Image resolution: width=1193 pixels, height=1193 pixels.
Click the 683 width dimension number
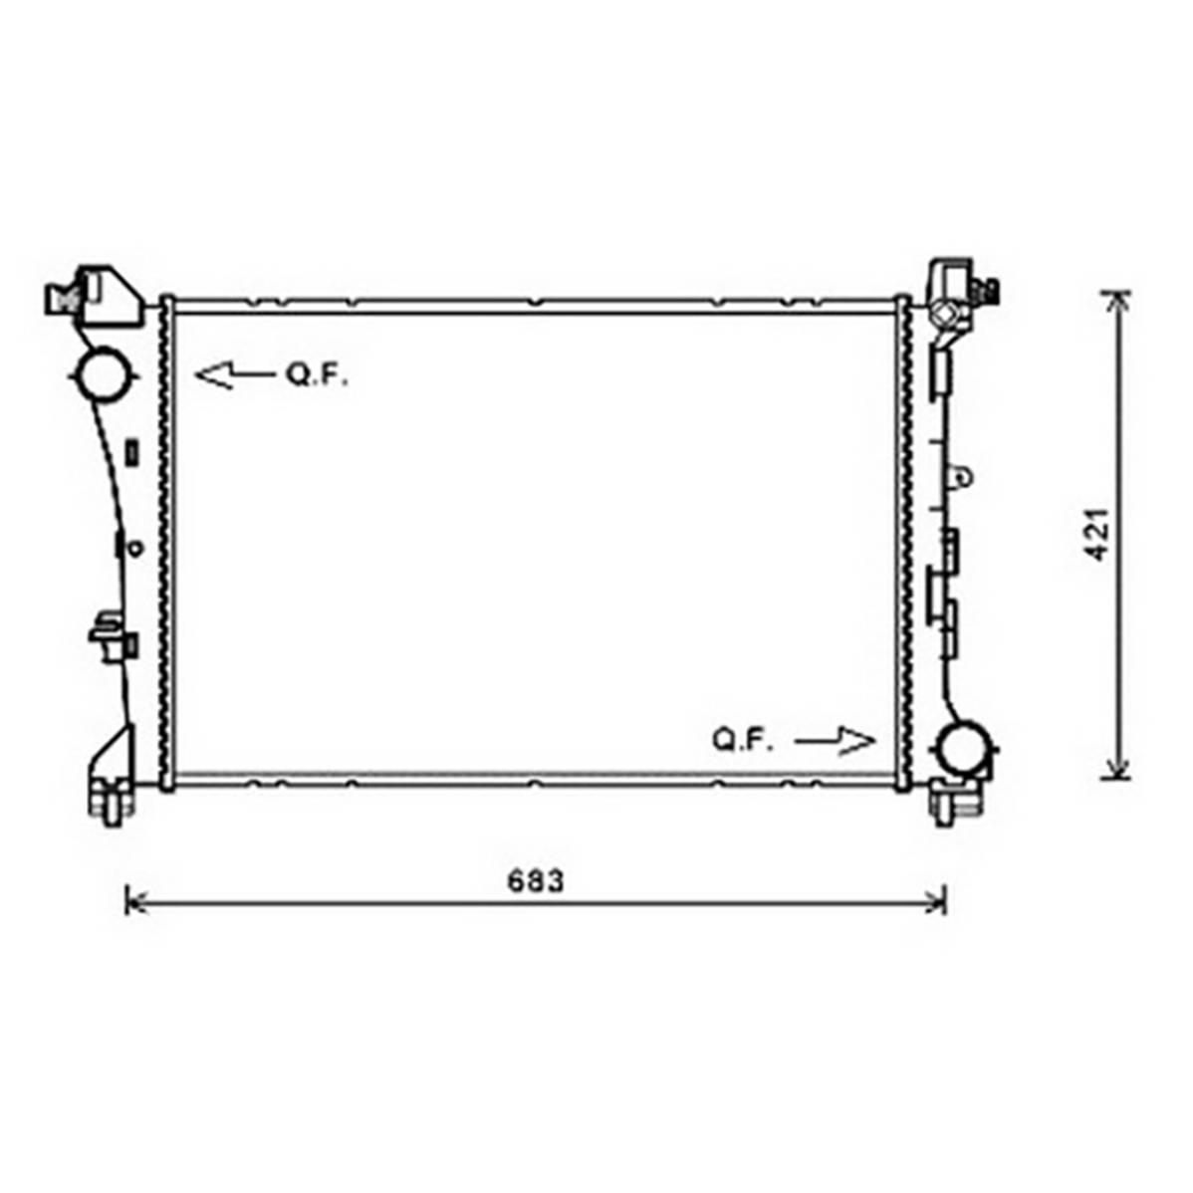(536, 881)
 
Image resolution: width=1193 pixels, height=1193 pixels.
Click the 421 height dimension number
(1097, 534)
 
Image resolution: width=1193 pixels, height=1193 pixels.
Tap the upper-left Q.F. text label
(317, 374)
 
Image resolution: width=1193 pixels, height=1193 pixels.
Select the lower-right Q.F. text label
(743, 740)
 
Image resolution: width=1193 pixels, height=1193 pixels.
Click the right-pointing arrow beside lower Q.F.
(835, 740)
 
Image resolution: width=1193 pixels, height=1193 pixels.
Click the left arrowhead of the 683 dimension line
(135, 904)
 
